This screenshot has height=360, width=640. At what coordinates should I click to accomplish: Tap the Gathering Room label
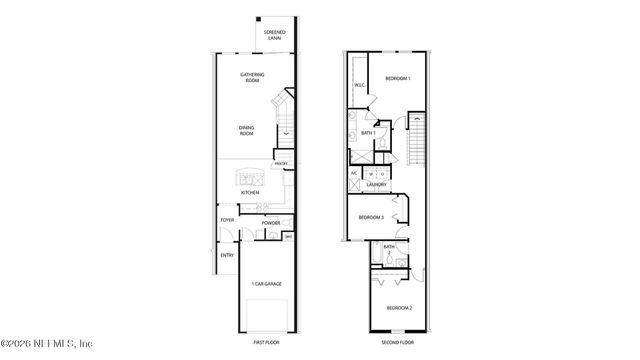pos(252,78)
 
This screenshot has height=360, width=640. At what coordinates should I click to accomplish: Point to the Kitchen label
pos(249,193)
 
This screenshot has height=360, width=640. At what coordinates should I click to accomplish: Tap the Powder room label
pos(270,223)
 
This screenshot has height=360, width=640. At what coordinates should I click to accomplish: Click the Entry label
pos(227,256)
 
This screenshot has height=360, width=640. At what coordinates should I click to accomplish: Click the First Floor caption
pos(265,342)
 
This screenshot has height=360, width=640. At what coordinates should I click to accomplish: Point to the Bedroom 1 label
pos(398,78)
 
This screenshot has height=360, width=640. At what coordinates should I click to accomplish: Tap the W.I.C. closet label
pos(358,86)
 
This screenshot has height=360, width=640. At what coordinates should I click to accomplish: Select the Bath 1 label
pos(368,133)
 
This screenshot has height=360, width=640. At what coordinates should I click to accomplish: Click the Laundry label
pos(376,185)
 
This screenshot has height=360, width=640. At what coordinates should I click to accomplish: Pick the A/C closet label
pos(354,174)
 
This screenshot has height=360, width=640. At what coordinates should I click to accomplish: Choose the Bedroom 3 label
pos(372,217)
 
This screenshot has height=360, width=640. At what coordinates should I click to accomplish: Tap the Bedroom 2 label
pos(399,308)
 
